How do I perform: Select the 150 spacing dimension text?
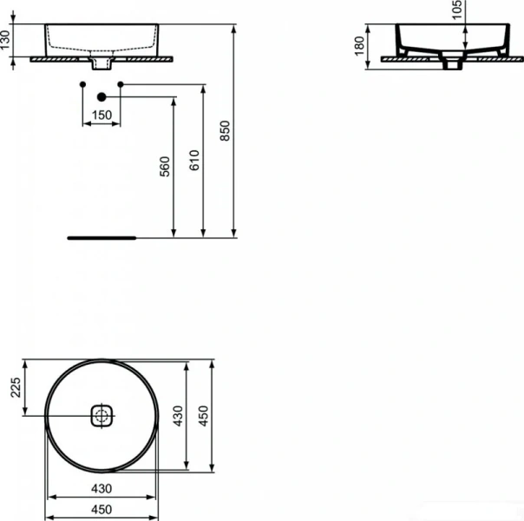pos(102,115)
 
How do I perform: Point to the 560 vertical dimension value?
pos(165,166)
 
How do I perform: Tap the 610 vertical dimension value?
pos(194,160)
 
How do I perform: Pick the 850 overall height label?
pos(224,130)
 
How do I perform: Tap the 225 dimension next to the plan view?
pos(15,387)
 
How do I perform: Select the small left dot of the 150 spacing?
pos(82,83)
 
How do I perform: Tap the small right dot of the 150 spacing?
pos(121,83)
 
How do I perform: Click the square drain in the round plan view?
pos(102,415)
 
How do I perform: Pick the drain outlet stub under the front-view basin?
pos(102,64)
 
